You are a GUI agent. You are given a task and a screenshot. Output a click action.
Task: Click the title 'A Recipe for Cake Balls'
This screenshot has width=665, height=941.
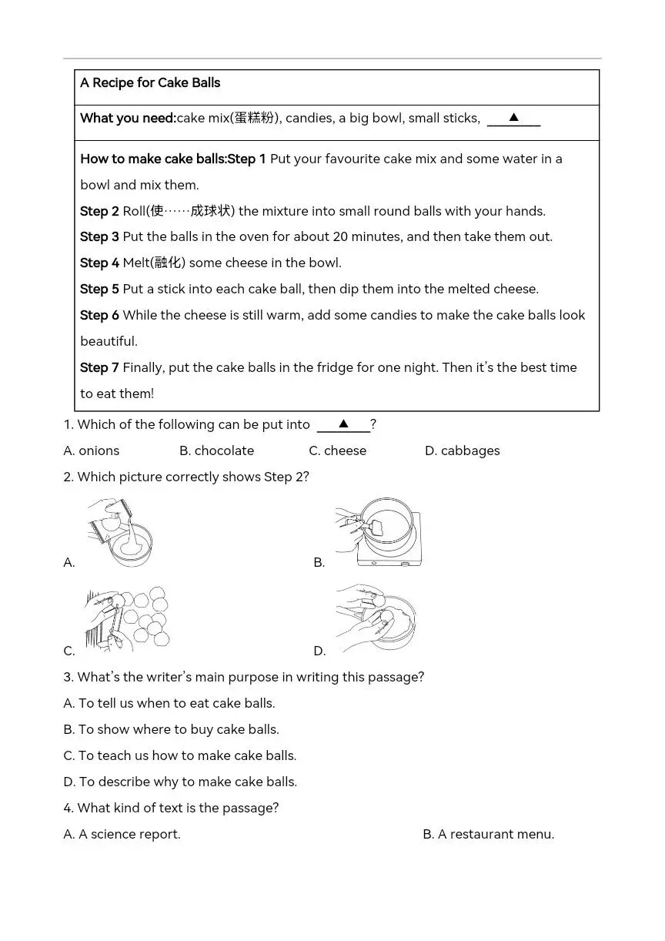point(150,82)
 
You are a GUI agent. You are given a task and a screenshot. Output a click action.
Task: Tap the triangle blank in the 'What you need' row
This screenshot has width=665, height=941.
point(513,118)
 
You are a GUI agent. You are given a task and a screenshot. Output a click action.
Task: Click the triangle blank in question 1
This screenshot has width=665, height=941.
point(343,424)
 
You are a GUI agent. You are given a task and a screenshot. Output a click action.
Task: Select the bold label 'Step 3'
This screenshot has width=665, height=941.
point(99,237)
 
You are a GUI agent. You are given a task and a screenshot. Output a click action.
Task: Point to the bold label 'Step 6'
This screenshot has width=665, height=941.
point(99,316)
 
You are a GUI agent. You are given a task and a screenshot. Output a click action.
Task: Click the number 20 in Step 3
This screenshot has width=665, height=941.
point(340,236)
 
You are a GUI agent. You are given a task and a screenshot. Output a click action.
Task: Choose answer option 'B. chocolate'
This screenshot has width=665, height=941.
point(216,450)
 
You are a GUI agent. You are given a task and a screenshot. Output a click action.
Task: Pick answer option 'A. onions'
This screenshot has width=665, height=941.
point(91,450)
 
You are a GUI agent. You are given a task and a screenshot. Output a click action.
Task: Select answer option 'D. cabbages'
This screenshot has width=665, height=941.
point(463,450)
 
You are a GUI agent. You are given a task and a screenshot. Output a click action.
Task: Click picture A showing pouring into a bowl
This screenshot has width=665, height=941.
point(120,532)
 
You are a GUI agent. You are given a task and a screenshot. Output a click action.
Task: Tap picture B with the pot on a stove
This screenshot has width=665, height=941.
point(378,532)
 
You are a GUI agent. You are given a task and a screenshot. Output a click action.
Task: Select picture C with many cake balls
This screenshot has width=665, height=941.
point(127,619)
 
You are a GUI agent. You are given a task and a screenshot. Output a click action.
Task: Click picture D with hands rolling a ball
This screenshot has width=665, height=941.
point(376,618)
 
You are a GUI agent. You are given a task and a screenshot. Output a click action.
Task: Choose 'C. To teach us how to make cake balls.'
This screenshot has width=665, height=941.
point(179,755)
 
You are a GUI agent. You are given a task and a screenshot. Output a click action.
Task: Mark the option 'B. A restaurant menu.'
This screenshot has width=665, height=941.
point(489,834)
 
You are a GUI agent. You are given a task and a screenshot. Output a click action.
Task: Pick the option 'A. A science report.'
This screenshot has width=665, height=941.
point(122,834)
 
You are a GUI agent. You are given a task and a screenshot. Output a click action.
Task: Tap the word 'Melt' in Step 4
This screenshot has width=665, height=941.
point(136,263)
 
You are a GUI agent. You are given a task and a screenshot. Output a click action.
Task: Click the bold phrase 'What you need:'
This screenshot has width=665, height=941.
point(128,119)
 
